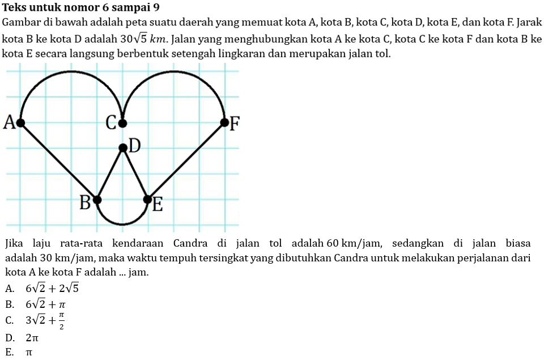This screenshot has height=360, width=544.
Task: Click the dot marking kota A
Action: tap(21, 122)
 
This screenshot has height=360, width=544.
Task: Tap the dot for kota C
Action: tap(122, 122)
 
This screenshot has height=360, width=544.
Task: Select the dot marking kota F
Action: tap(224, 122)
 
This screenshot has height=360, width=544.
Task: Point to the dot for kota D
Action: tap(122, 148)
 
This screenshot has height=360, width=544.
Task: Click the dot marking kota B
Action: tap(97, 200)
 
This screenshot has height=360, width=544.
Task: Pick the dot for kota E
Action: tap(148, 200)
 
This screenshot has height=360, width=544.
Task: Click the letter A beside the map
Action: tap(8, 122)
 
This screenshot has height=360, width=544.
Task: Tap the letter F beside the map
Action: tap(235, 122)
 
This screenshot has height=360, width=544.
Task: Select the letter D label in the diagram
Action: tap(134, 146)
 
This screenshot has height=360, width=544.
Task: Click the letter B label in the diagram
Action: tap(84, 202)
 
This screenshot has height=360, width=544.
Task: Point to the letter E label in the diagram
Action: tap(158, 205)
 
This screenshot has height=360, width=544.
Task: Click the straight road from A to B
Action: tap(59, 160)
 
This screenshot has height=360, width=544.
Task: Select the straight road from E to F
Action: tap(186, 160)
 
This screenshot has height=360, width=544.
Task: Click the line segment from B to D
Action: tap(110, 174)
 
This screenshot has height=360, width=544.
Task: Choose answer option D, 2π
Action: tap(32, 338)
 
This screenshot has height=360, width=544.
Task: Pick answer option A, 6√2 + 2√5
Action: tap(52, 288)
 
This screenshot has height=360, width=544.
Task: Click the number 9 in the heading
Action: tap(156, 8)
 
